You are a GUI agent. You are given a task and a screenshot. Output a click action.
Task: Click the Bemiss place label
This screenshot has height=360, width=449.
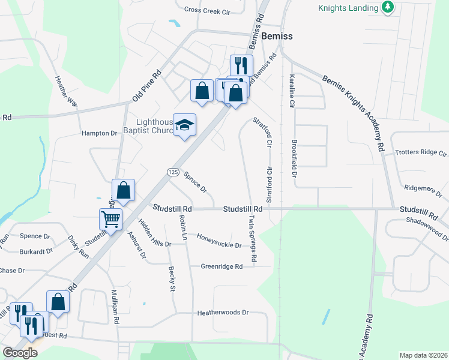click(277, 36)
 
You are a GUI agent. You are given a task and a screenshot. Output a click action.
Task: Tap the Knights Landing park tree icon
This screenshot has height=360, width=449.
click(388, 7)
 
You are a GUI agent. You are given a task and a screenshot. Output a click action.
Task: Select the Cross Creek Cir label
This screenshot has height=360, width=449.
click(208, 10)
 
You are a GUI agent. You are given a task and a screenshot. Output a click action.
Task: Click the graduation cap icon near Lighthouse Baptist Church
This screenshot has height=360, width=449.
click(185, 124)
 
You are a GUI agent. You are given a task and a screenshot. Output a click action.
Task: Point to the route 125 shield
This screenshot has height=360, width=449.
click(172, 172)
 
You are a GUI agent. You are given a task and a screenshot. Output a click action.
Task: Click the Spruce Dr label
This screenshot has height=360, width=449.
click(195, 182)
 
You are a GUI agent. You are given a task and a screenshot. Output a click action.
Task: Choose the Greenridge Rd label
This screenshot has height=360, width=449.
click(221, 266)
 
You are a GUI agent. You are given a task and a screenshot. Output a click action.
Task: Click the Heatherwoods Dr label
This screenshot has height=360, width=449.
click(223, 313)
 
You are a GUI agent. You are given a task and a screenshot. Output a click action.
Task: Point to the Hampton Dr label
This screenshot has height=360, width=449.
click(99, 133)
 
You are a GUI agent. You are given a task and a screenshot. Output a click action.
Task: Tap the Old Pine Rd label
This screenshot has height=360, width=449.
click(147, 86)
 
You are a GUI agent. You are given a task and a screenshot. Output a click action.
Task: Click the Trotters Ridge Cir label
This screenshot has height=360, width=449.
click(421, 152)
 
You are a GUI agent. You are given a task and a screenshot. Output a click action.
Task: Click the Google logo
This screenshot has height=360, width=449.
click(20, 353)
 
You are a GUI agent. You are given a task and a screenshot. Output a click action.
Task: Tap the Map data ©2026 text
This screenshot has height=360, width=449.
click(423, 355)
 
